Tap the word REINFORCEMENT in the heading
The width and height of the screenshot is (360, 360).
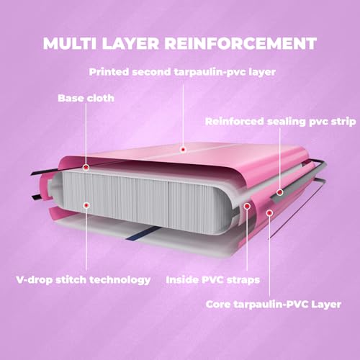pos(240,43)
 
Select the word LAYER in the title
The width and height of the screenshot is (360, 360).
pos(130,43)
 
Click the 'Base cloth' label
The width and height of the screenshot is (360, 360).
pos(86,98)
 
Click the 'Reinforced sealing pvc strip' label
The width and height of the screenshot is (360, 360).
pos(281,122)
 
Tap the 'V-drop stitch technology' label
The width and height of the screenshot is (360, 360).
pos(84,280)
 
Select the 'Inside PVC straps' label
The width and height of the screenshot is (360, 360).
pos(213,280)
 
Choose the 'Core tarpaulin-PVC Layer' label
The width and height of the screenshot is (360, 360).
pos(274,305)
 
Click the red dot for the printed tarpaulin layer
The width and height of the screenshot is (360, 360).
pos(183,150)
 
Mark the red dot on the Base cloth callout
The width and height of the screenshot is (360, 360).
pos(86,167)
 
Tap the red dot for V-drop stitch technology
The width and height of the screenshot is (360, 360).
pos(86,205)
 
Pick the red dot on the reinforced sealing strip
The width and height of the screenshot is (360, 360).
pos(280,192)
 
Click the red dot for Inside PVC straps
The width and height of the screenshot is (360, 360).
pos(247,206)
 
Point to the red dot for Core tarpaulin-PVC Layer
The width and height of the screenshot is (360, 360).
pos(270,212)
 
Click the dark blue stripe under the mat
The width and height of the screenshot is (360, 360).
pos(143,233)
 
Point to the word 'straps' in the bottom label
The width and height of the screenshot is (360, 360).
pos(243,280)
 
